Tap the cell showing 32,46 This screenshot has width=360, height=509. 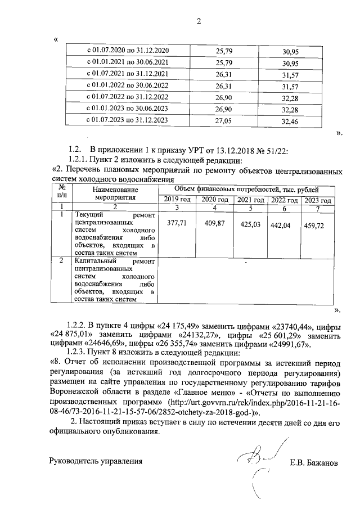[x=290, y=120]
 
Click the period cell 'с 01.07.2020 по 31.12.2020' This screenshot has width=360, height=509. [x=127, y=52]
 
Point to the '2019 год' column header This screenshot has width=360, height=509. [x=177, y=200]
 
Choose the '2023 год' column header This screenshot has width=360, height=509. [x=318, y=200]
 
